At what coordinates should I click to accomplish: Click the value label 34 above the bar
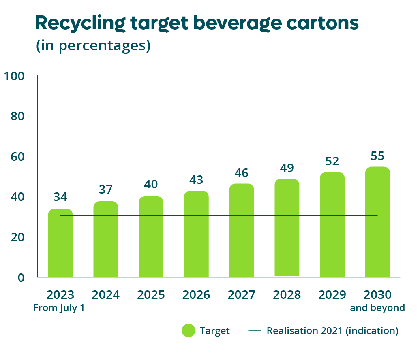tap(60, 197)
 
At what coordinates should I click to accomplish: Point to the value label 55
tap(377, 156)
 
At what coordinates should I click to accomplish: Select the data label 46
tap(242, 173)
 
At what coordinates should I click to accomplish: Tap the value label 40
tap(151, 185)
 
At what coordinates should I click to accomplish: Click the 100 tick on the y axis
tap(14, 76)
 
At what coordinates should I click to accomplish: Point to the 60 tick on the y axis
tap(17, 157)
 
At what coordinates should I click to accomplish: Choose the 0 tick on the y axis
tap(21, 278)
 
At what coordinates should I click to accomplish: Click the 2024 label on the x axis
tap(106, 295)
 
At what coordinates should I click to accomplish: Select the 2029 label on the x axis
tap(332, 295)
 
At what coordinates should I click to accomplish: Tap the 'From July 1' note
tap(59, 308)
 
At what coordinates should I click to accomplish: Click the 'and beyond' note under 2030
tap(377, 308)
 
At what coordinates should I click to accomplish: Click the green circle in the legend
tap(189, 331)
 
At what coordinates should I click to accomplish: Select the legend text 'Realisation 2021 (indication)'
tap(332, 331)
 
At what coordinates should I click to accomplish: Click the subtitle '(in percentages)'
tap(94, 46)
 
